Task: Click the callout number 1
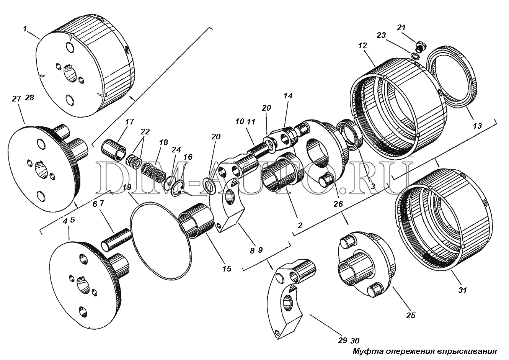(25, 29)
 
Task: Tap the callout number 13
(477, 126)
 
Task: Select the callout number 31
(462, 290)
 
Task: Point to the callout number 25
(411, 315)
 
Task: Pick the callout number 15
(227, 268)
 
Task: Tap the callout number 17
(129, 122)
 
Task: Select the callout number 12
(362, 46)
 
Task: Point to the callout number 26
(338, 204)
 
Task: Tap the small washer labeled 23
(415, 56)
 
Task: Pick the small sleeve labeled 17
(113, 151)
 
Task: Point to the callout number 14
(288, 96)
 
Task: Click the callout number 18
(163, 142)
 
